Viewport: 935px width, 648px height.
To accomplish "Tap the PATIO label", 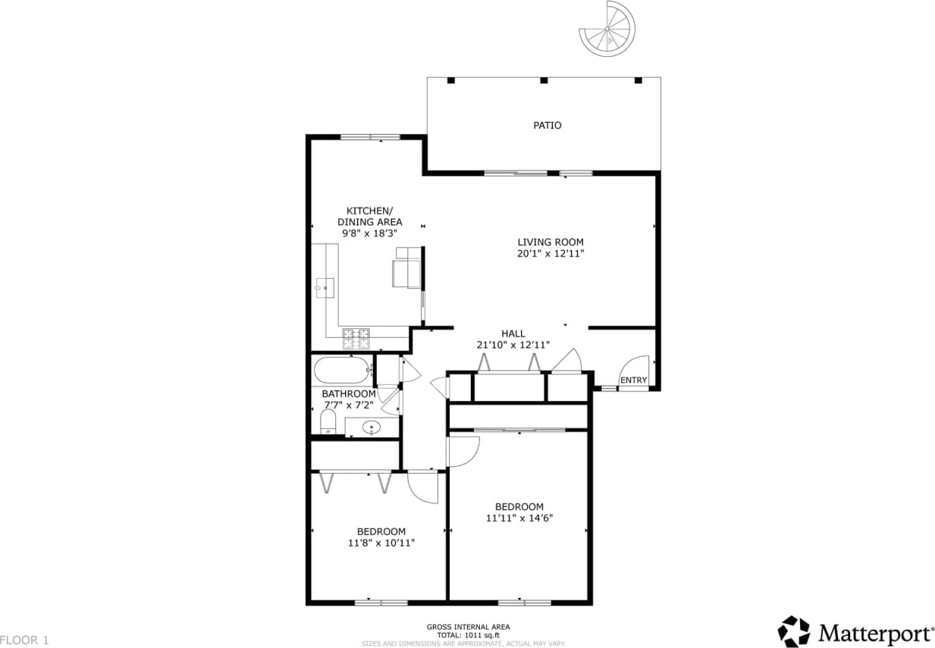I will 547,125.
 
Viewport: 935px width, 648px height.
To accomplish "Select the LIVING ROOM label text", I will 550,243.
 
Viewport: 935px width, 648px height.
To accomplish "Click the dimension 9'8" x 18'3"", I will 370,234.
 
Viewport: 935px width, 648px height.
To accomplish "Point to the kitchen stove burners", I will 356,338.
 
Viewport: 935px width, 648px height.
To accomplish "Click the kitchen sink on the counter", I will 325,286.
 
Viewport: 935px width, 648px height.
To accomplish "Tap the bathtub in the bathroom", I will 341,371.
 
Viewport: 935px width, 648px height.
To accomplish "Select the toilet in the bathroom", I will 328,421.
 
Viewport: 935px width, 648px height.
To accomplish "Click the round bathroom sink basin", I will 372,427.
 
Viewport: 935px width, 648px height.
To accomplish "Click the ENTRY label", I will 634,380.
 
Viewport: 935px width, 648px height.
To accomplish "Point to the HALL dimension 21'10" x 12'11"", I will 513,345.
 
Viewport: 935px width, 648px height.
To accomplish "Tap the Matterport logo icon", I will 794,631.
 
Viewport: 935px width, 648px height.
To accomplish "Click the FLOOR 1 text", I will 25,640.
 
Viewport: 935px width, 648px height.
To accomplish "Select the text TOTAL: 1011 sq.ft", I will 467,635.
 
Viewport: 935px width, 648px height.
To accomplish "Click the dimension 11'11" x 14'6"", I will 519,518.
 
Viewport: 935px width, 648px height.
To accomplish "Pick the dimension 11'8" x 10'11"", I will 381,543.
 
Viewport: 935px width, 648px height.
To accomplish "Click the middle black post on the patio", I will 543,80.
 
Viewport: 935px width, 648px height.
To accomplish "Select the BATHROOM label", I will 348,394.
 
